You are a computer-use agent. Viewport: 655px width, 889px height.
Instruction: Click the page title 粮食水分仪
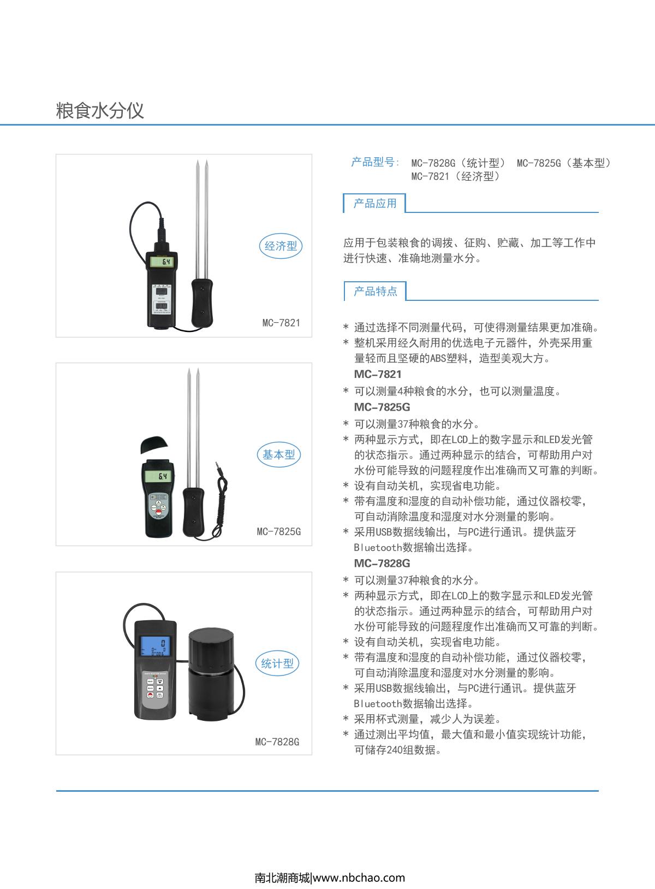coord(100,110)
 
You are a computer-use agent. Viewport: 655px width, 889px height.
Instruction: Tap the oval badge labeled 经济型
coord(281,246)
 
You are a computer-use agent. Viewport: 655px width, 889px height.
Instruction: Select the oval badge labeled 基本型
coord(278,454)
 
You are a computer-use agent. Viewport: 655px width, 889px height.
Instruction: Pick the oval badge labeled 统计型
coord(277,663)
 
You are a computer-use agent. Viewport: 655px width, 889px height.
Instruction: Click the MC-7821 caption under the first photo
coord(281,323)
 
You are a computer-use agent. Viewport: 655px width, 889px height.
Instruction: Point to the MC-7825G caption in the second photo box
coord(278,531)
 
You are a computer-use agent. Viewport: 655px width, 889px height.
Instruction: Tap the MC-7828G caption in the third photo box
coord(277,742)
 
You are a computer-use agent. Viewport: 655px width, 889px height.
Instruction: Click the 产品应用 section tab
coord(375,204)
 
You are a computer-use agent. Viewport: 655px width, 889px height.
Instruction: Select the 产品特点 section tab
coord(376,291)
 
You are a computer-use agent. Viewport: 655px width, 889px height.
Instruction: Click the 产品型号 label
coord(375,162)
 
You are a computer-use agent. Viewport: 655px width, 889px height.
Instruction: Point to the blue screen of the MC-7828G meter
coord(156,647)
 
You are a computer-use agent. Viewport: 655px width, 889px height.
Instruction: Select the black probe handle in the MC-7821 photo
coord(201,301)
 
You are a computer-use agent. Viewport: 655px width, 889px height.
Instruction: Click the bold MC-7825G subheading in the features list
coord(382,407)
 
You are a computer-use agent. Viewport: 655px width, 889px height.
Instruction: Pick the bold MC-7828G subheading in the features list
coord(382,564)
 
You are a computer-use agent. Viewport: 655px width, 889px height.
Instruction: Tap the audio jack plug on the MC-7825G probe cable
coord(219,466)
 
